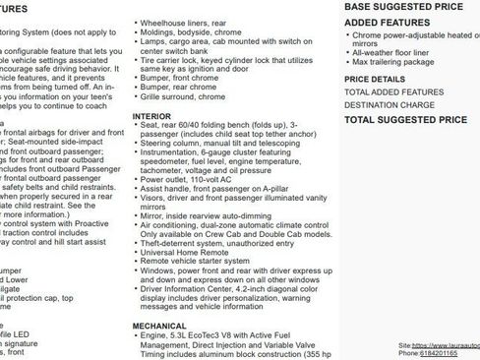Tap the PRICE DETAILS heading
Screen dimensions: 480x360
(374, 79)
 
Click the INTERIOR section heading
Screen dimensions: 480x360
(151, 116)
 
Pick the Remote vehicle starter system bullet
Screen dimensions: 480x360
(202, 262)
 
